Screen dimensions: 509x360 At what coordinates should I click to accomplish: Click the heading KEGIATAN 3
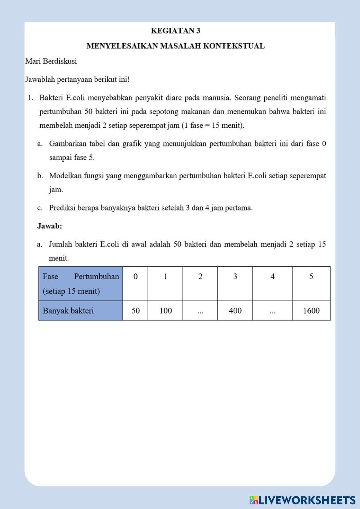(x=176, y=31)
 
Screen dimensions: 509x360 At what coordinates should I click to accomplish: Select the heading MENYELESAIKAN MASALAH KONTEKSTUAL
(x=176, y=46)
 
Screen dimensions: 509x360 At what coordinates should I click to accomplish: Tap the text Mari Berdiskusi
(x=51, y=61)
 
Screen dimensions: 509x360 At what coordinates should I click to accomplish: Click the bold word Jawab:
(x=50, y=226)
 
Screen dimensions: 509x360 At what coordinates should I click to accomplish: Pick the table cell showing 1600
(x=311, y=311)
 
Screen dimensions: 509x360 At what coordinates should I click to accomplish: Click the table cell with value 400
(x=235, y=311)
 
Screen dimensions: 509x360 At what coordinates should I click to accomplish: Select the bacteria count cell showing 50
(x=135, y=311)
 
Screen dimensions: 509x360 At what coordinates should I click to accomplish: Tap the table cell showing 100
(x=165, y=311)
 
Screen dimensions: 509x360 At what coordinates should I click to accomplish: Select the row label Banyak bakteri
(x=68, y=311)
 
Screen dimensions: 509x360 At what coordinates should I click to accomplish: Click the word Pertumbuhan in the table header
(x=96, y=277)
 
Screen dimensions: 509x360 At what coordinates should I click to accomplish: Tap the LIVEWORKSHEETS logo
(x=302, y=500)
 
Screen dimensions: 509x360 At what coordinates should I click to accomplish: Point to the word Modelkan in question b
(x=65, y=176)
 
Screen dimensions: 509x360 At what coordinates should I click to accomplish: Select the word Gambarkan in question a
(x=67, y=144)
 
